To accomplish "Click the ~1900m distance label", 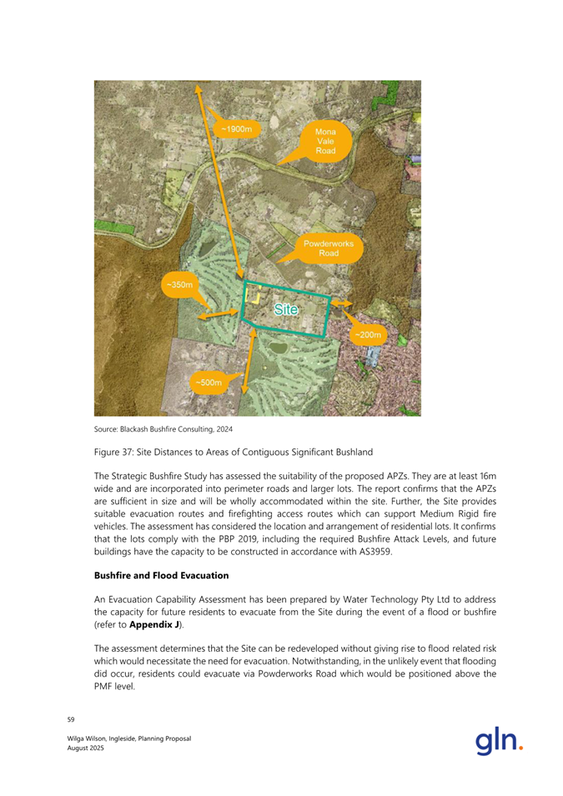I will tap(236, 129).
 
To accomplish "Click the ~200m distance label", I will tap(368, 335).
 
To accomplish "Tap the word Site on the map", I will tap(286, 309).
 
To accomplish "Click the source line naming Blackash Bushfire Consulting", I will tap(163, 429).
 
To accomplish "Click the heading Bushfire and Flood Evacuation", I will tap(164, 575).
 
